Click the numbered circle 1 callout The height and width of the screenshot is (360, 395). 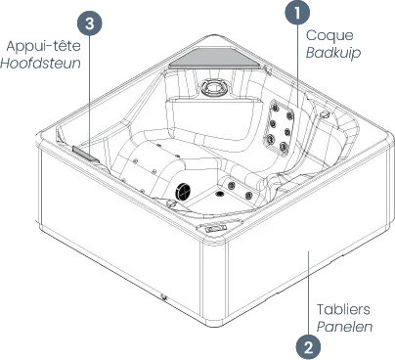click(297, 13)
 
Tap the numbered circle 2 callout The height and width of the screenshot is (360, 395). click(308, 347)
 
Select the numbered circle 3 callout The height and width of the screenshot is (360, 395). click(90, 24)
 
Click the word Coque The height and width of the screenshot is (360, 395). click(329, 35)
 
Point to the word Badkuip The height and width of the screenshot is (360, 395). click(333, 53)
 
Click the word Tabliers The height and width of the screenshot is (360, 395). click(343, 309)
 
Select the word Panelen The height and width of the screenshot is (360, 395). click(344, 327)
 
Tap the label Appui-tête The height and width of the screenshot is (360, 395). click(43, 46)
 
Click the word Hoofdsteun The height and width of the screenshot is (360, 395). click(40, 63)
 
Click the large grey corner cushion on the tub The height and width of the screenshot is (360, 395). click(216, 59)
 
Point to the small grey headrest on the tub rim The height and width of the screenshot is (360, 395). click(85, 154)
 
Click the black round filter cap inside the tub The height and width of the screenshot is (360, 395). click(183, 192)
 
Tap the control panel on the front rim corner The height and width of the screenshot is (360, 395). click(215, 228)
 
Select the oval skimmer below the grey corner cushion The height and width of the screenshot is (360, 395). click(213, 88)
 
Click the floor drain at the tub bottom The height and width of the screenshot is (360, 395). click(220, 195)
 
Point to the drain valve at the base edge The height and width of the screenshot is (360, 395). click(163, 296)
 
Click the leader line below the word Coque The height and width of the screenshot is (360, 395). click(297, 66)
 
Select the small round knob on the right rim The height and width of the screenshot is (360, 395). click(325, 113)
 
